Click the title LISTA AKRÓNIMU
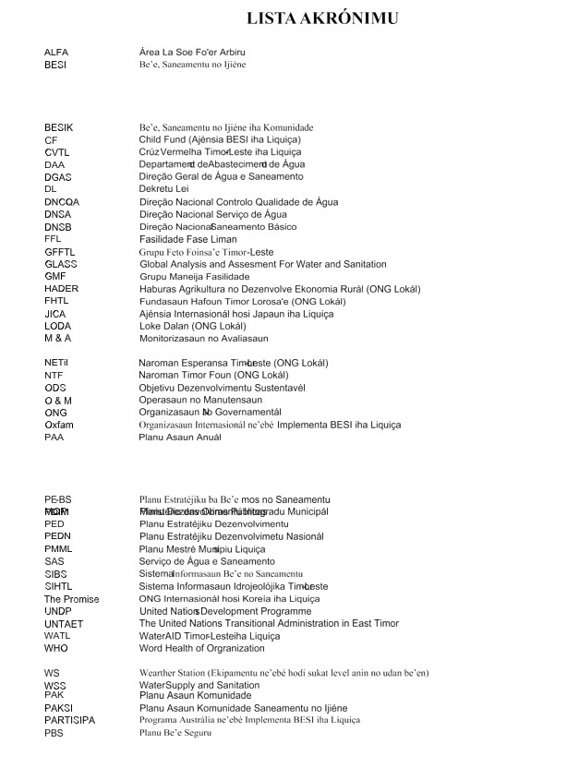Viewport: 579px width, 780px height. (323, 18)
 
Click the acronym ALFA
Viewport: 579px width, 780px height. (56, 53)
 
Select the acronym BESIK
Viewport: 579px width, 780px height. (58, 127)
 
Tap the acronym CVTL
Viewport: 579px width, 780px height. (57, 152)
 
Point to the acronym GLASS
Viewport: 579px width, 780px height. (61, 264)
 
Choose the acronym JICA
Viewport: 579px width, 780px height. (55, 314)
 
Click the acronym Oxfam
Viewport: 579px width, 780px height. (59, 426)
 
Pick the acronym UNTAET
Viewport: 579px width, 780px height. (64, 624)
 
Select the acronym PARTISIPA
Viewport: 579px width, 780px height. (69, 720)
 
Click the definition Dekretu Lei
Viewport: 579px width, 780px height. (164, 189)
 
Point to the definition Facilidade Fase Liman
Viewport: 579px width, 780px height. (187, 239)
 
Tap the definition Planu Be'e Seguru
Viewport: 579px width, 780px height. (175, 733)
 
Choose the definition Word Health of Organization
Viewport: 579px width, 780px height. (201, 649)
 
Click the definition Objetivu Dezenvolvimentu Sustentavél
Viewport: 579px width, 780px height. (223, 388)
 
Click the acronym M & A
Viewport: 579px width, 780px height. (57, 339)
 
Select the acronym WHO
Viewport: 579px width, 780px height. (56, 649)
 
